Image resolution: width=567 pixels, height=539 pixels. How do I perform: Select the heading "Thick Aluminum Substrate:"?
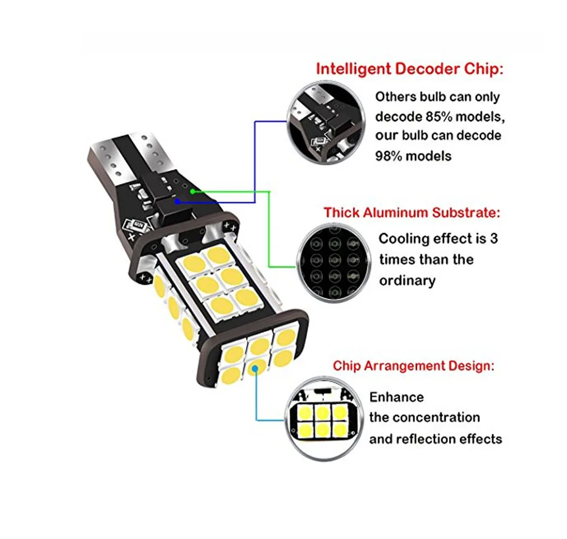click(x=412, y=213)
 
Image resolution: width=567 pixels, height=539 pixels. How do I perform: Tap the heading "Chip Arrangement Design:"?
click(x=413, y=366)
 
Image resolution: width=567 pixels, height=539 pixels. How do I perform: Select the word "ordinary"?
click(x=408, y=280)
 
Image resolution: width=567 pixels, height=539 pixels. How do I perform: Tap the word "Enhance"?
click(x=396, y=397)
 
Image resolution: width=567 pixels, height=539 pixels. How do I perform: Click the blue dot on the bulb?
click(x=178, y=200)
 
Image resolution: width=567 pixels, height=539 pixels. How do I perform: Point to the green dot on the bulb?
click(x=193, y=192)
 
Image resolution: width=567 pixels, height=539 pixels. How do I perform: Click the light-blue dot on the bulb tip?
click(x=256, y=368)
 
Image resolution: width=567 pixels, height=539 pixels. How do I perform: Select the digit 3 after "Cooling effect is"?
click(x=494, y=238)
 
